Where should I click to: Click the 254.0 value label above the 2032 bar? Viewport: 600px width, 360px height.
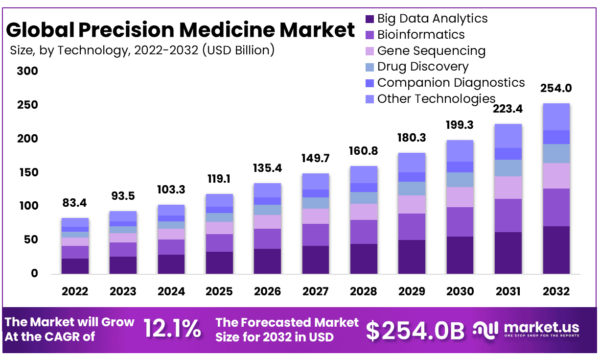(556, 89)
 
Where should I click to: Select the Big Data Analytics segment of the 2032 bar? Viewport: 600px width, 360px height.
(556, 250)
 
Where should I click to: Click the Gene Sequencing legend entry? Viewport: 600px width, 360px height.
(431, 51)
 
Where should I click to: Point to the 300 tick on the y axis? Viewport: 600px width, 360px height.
(28, 72)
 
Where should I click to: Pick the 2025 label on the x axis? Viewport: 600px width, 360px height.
(219, 291)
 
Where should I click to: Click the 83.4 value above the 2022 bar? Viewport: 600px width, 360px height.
(75, 202)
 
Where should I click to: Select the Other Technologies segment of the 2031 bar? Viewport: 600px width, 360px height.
(508, 136)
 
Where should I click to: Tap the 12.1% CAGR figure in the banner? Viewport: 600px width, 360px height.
(172, 329)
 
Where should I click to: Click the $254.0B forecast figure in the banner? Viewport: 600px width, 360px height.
(415, 331)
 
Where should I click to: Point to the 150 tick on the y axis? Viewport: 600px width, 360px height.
(28, 172)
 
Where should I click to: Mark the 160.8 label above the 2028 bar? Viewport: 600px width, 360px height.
(364, 151)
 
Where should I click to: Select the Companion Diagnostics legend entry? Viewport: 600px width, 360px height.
(451, 83)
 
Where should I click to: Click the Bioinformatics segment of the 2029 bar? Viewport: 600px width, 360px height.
(412, 226)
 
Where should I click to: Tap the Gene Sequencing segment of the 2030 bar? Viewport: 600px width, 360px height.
(460, 197)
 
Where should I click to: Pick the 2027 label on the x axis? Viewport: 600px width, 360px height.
(316, 291)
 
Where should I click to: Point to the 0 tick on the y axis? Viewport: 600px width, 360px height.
(34, 273)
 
